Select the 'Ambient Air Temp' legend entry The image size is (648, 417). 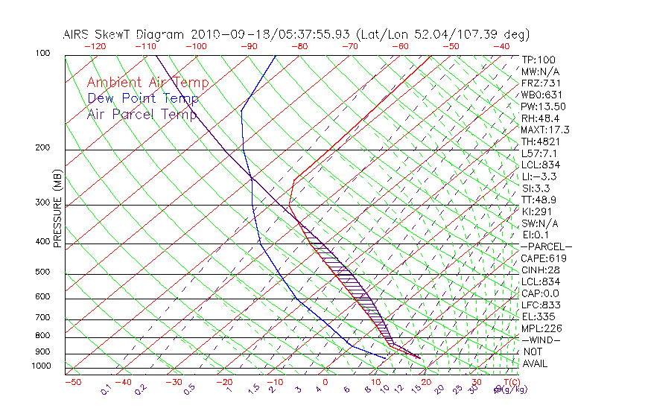click(147, 83)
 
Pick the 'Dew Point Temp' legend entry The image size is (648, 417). click(142, 98)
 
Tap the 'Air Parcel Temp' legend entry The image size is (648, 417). click(142, 114)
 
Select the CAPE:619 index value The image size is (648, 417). click(541, 258)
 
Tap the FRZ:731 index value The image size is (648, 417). click(538, 83)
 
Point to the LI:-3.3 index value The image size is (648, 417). click(539, 176)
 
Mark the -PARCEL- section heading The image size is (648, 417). click(546, 246)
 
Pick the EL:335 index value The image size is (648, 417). click(536, 316)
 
